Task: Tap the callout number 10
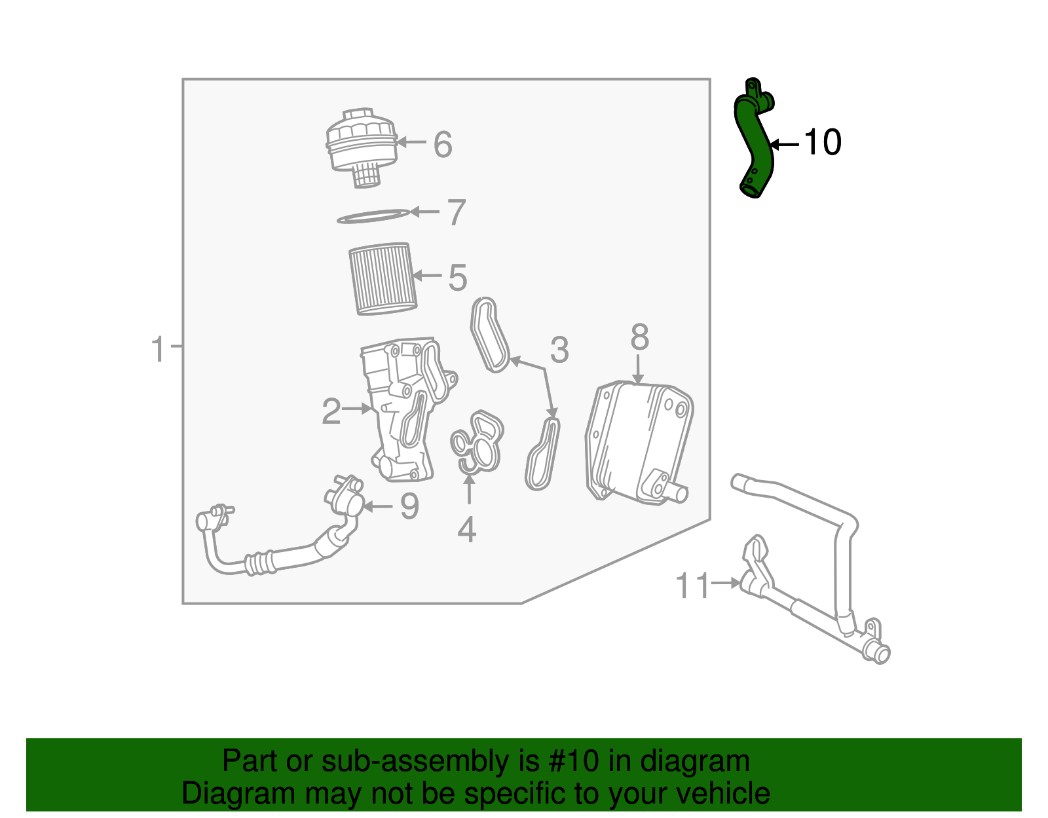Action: pos(822,142)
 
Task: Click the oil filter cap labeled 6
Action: pos(361,147)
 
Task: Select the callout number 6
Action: pos(443,145)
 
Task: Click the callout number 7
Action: pos(456,213)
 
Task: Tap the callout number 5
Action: pos(457,278)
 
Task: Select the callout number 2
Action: pos(331,411)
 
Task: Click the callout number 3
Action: pos(559,350)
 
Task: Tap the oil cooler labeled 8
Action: pos(639,442)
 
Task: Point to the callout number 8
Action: pos(639,338)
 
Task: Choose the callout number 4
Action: pos(466,530)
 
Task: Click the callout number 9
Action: pos(409,506)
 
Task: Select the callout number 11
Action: pos(692,586)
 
